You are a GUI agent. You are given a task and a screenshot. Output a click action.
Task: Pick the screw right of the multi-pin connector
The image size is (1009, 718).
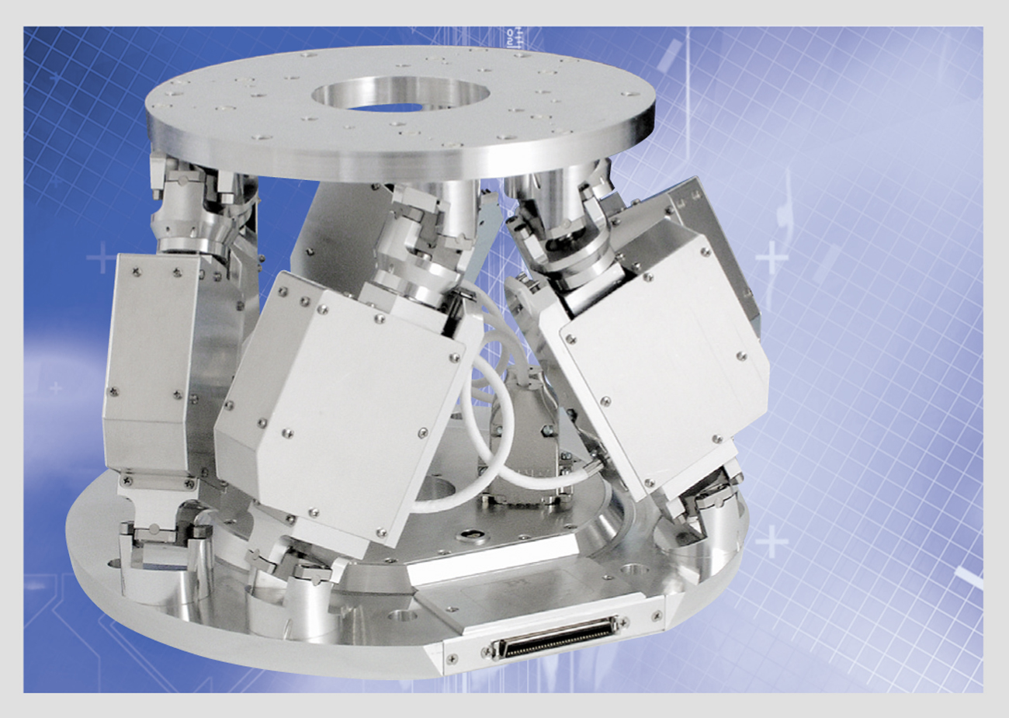pyautogui.click(x=657, y=615)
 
